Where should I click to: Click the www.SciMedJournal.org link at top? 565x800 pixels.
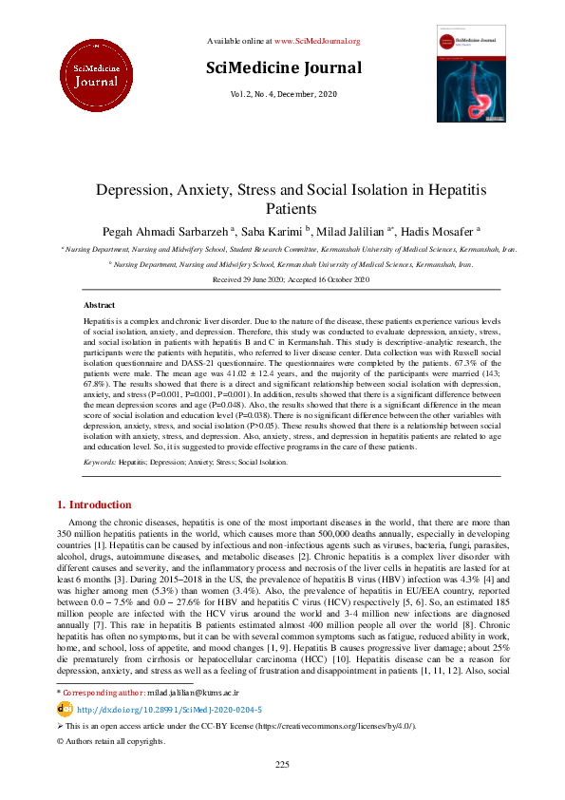(317, 41)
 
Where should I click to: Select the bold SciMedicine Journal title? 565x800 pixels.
(284, 67)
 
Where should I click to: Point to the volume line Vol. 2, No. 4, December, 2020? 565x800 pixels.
(283, 95)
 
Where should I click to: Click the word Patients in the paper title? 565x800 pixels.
(282, 209)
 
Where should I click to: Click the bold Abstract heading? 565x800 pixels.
(100, 305)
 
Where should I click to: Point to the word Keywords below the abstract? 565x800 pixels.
(100, 461)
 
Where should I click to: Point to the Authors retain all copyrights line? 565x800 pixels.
(105, 767)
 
